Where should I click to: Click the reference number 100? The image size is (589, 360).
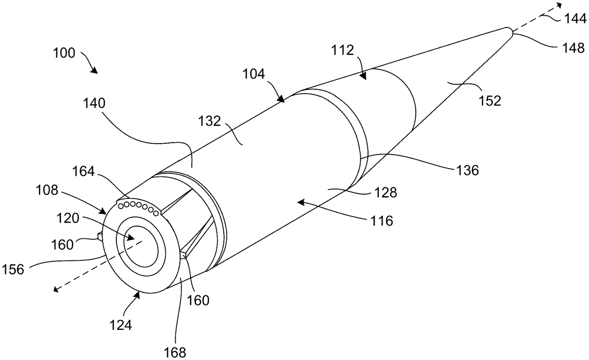coord(64,53)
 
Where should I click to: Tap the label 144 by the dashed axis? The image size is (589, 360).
coord(575,19)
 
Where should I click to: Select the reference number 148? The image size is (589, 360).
coord(573,48)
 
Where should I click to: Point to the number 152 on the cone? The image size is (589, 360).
coord(490,101)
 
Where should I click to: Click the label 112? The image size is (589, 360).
coord(343,50)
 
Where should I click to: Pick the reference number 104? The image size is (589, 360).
coord(254,74)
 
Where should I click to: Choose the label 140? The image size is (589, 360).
coord(94,103)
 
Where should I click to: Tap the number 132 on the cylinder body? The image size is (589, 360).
coord(209,122)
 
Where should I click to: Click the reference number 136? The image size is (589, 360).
coord(468,171)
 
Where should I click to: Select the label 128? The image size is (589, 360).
coord(386,193)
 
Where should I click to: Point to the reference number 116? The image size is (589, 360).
coord(382,221)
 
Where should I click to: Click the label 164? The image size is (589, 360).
coord(83,172)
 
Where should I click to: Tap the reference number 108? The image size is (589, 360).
coord(47,190)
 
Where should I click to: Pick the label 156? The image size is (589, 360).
coord(13,270)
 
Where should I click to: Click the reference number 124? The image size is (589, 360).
coord(120,325)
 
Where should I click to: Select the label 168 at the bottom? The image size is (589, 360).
coord(175,352)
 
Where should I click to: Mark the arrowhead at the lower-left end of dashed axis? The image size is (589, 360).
coord(56,289)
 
